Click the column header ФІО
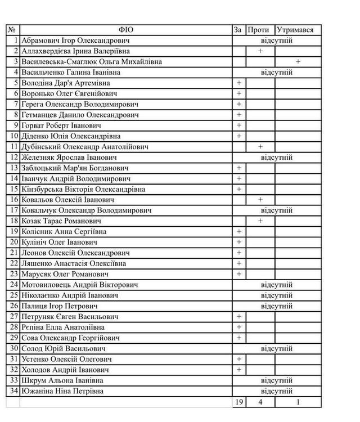(126, 30)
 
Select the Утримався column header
(295, 30)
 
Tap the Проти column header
(259, 30)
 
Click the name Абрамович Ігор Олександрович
(75, 41)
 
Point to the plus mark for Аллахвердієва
(260, 51)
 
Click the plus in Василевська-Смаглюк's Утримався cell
(298, 62)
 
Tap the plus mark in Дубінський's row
(260, 147)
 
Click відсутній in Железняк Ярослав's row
(277, 158)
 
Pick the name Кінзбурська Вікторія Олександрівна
(83, 189)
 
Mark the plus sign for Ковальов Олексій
(260, 200)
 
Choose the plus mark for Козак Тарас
(260, 221)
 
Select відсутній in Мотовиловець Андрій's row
(277, 285)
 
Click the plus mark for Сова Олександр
(239, 338)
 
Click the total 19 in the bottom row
(238, 402)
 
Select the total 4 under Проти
(260, 402)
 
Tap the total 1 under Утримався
(298, 402)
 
